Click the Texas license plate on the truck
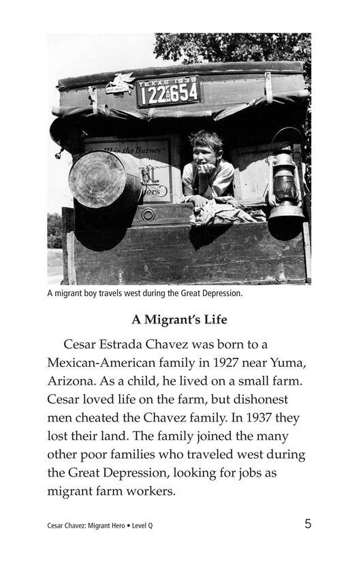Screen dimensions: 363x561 click(x=168, y=91)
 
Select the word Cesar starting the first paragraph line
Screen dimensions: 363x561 click(x=85, y=345)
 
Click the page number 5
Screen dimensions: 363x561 click(x=308, y=524)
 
